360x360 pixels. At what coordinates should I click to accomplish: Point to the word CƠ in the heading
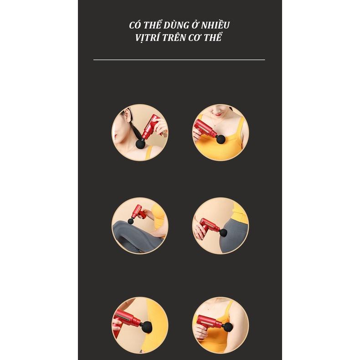[x=195, y=38]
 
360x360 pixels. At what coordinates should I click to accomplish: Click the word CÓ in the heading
[x=135, y=25]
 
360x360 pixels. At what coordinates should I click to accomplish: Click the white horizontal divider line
[x=179, y=60]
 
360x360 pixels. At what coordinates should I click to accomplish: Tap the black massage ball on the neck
[x=140, y=144]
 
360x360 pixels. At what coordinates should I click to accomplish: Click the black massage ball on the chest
[x=221, y=139]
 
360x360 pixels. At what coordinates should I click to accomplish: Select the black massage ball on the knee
[x=131, y=221]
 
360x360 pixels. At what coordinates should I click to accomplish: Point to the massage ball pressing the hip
[x=223, y=232]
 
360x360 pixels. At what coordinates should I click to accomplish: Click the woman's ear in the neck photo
[x=127, y=115]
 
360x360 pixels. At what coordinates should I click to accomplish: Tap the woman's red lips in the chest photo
[x=218, y=113]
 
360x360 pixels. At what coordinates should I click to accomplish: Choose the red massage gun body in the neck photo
[x=150, y=128]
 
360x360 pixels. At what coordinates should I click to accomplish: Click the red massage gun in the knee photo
[x=139, y=212]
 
